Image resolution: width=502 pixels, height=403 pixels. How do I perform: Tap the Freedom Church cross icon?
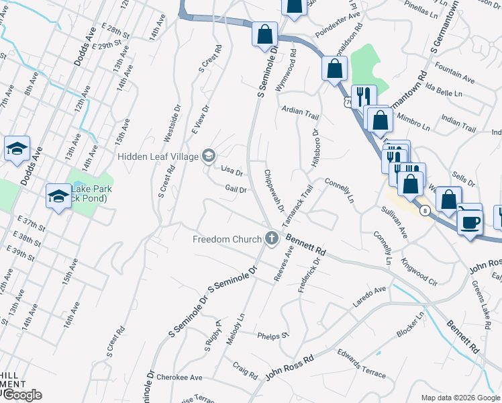click(272, 238)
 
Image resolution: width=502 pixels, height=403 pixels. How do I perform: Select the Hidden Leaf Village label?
click(158, 156)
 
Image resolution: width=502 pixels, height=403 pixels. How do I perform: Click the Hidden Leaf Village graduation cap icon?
click(208, 156)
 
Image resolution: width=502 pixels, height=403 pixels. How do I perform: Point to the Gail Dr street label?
click(236, 190)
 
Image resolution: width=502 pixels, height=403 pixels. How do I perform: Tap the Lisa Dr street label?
click(232, 171)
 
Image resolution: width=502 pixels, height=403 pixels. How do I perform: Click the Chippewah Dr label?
click(274, 192)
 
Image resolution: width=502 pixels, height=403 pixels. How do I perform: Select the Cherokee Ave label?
click(179, 377)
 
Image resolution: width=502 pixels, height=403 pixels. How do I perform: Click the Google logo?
click(21, 395)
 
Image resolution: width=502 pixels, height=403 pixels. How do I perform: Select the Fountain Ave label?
click(454, 74)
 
